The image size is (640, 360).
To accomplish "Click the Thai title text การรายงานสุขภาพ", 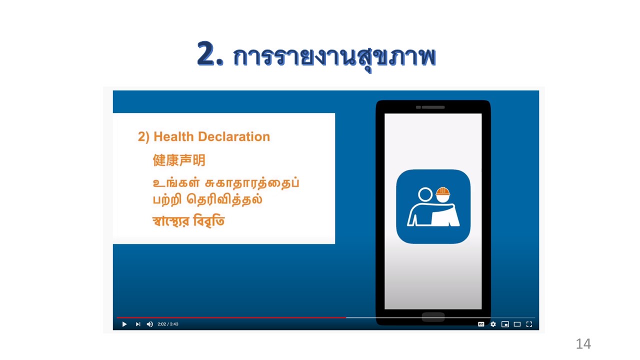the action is [334, 58].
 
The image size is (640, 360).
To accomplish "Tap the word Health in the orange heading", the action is [173, 136].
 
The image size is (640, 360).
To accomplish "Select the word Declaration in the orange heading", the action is [234, 136].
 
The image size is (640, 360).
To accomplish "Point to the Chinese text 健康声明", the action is [179, 160].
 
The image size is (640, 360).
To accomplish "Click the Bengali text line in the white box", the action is [188, 221].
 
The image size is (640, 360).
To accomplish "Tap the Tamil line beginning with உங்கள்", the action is [226, 183].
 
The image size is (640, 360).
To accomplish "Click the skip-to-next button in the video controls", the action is [138, 324].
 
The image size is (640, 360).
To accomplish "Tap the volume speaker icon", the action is [149, 324].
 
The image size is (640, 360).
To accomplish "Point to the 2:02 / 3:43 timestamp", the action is [168, 324].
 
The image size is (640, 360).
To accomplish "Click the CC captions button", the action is [481, 324].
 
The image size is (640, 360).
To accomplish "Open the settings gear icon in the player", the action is [493, 324].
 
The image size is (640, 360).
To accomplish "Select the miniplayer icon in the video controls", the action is [505, 324].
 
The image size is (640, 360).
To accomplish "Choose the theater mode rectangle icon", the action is [517, 324].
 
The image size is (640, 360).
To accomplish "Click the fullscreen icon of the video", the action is [529, 324].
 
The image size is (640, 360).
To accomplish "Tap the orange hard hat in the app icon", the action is [443, 191].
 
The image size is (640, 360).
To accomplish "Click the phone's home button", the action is [433, 317].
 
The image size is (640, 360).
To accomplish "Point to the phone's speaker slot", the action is [430, 107].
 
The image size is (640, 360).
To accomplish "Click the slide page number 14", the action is [583, 343].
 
